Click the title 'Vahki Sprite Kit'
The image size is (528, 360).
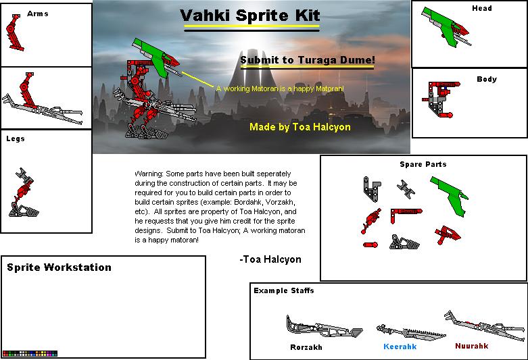(x=250, y=16)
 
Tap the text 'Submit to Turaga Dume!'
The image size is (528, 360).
(x=308, y=60)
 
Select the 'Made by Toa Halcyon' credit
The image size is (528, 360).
(x=299, y=126)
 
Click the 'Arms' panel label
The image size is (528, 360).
(x=37, y=14)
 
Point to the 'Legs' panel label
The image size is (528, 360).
(x=16, y=138)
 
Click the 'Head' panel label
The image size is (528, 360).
(x=481, y=8)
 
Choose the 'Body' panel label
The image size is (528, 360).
(x=487, y=79)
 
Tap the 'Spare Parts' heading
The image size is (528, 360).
(x=423, y=164)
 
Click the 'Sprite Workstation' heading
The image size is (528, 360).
(x=59, y=267)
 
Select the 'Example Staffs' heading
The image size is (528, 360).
(x=284, y=290)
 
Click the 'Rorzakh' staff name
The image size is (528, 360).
(x=306, y=347)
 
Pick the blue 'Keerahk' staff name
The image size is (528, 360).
(x=400, y=346)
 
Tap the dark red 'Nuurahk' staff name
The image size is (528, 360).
(x=471, y=346)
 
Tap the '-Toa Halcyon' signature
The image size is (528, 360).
(x=270, y=259)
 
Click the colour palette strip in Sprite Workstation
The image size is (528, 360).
(x=30, y=353)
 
